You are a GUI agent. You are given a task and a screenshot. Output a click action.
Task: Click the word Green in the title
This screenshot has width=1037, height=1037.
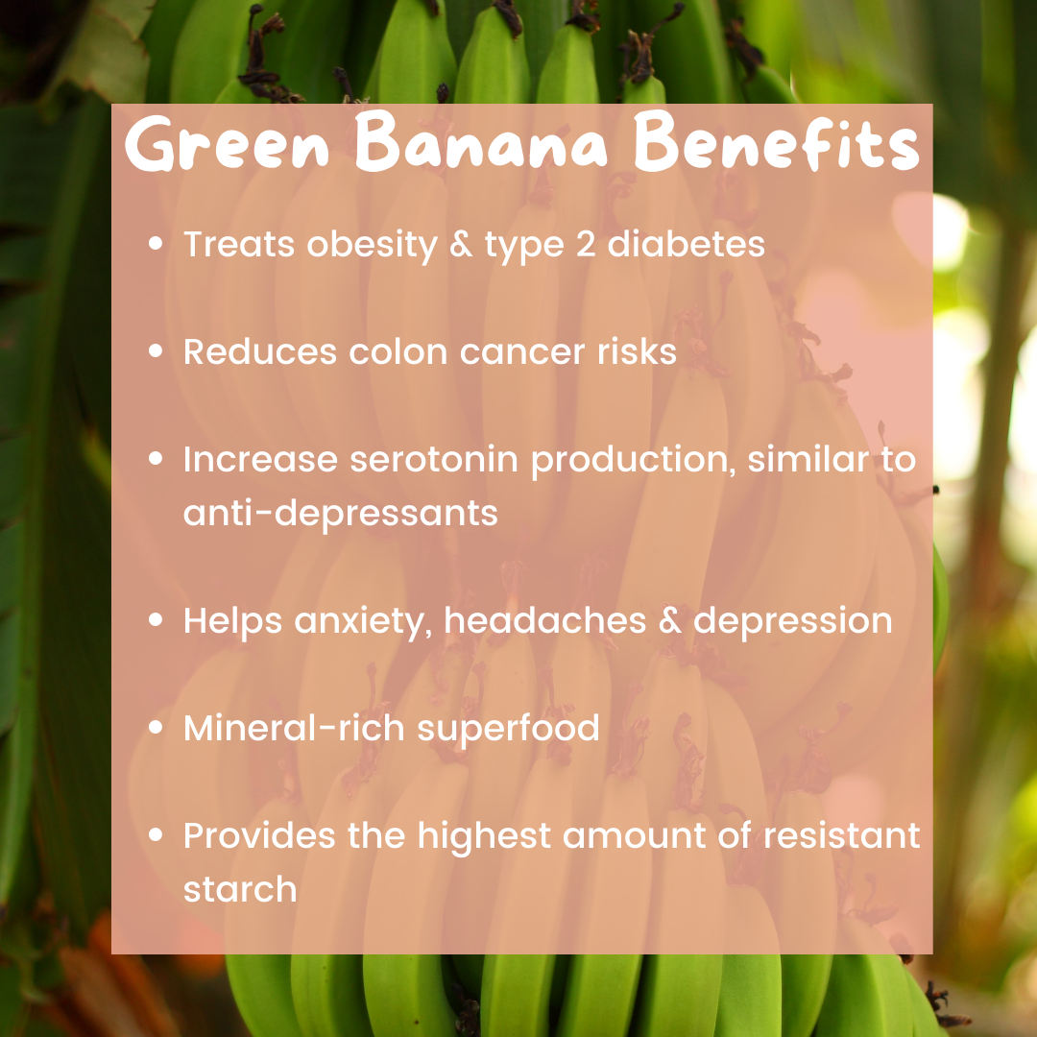click(x=227, y=143)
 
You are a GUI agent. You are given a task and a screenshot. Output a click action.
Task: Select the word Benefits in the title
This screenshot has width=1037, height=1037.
click(x=777, y=141)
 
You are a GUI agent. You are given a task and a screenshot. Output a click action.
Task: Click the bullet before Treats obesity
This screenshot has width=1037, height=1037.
click(x=156, y=243)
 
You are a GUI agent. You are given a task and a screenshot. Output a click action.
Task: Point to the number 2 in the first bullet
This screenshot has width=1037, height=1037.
click(x=586, y=244)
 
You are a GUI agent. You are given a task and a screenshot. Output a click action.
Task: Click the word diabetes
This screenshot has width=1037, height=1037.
click(x=686, y=243)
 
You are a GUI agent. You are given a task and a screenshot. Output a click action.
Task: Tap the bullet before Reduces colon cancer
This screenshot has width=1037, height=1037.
click(x=156, y=350)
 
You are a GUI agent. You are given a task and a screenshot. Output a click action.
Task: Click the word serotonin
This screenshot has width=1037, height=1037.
click(x=433, y=459)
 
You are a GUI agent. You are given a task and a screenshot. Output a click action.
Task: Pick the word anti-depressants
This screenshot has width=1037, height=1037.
click(x=341, y=513)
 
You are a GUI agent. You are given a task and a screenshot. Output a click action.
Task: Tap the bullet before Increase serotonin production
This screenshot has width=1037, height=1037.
click(x=156, y=458)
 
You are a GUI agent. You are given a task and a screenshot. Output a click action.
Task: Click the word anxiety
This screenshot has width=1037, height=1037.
click(x=363, y=621)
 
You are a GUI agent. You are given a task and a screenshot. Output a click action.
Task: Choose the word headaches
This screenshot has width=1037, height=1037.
click(x=544, y=620)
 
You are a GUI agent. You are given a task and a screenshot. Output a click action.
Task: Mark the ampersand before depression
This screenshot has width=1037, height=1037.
click(x=669, y=621)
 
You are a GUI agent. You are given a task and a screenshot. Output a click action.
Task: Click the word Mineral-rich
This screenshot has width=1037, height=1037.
click(x=294, y=728)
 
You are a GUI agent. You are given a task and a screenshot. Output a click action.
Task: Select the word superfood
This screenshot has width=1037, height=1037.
click(x=508, y=729)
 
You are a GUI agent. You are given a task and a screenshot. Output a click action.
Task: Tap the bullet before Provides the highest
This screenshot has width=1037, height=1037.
click(x=156, y=834)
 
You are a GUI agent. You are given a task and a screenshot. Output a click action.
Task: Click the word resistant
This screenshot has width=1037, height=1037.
click(x=842, y=835)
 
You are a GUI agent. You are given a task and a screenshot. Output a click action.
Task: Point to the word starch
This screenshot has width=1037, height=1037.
click(x=240, y=889)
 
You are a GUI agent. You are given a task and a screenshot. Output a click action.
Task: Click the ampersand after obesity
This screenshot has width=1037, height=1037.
click(x=461, y=244)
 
